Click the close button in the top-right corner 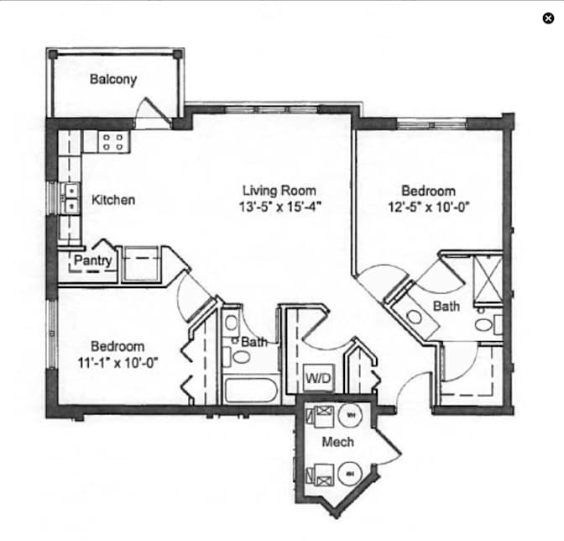pos(548,18)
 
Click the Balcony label pos(113,79)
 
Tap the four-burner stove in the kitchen pos(113,141)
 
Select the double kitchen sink pos(71,198)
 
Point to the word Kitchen pos(113,200)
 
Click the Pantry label pos(93,260)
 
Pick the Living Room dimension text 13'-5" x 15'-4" pos(279,207)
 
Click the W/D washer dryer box pos(318,378)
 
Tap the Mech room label pos(337,442)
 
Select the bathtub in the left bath pos(252,390)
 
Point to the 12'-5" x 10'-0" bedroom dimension pos(429,207)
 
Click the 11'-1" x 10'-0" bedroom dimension pos(118,362)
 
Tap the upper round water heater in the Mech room pos(351,415)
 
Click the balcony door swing pos(153,111)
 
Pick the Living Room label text pos(279,191)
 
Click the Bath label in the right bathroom pos(446,307)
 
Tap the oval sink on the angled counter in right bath pos(414,318)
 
